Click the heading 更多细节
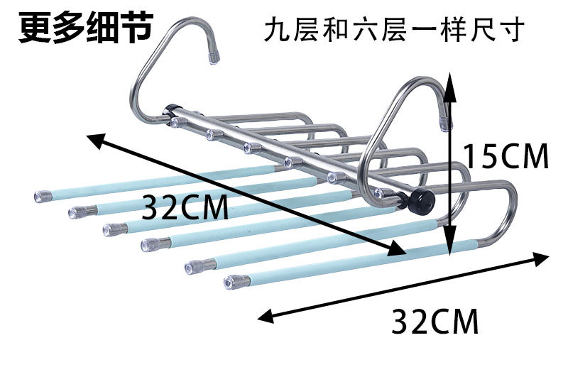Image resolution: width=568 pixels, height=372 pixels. click(84, 27)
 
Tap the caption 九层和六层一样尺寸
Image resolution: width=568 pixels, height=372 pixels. click(393, 31)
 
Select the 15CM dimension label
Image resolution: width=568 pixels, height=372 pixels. click(506, 155)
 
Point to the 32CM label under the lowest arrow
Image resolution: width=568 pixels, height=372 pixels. click(435, 321)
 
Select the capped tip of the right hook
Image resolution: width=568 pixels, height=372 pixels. click(445, 122)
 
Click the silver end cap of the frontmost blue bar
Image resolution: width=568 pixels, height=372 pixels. click(231, 283)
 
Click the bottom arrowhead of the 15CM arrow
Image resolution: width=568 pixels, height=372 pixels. click(449, 250)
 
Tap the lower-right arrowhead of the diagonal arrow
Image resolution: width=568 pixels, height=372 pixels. click(400, 249)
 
